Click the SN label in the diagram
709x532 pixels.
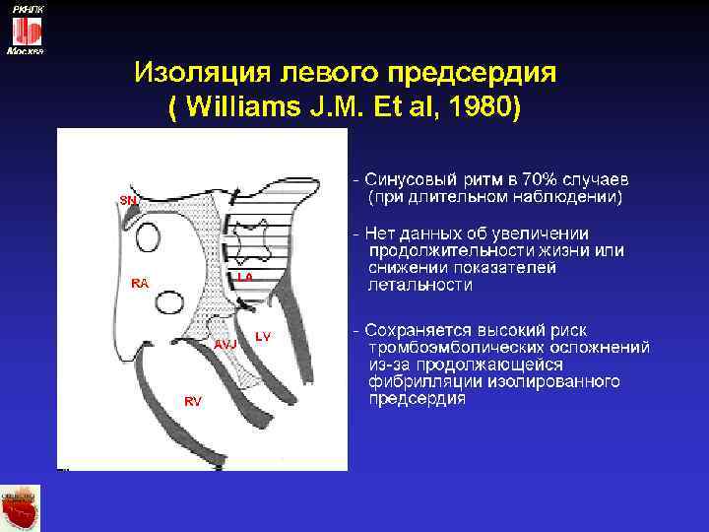tap(128, 199)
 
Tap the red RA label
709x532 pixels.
tap(140, 283)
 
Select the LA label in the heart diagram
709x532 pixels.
tap(246, 279)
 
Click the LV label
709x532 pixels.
tap(263, 336)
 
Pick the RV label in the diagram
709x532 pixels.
tap(194, 400)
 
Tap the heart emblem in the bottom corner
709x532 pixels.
tap(20, 508)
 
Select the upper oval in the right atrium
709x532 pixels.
tap(149, 235)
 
